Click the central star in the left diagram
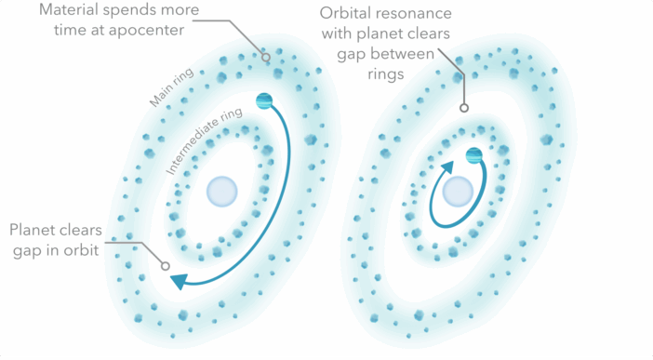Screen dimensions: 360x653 [222, 191]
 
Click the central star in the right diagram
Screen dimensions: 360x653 [457, 192]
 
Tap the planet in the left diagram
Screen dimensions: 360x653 [265, 100]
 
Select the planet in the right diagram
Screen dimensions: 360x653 [474, 155]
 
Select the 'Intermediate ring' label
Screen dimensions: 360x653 [207, 140]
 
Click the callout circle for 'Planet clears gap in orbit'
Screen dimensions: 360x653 [166, 266]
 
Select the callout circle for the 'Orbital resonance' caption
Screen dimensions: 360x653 [463, 108]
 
